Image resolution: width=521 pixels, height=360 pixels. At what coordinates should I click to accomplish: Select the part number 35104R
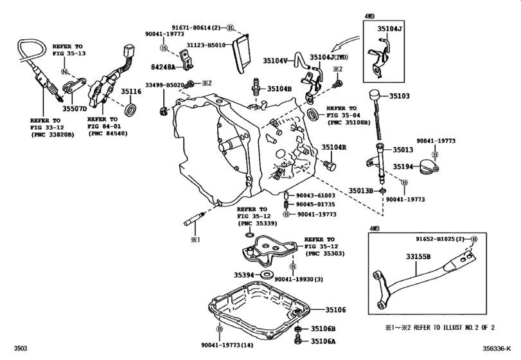tap(334, 147)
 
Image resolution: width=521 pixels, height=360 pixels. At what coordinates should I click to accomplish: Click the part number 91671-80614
tap(194, 28)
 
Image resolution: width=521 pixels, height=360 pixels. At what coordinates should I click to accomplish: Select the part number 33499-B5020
tap(164, 84)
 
